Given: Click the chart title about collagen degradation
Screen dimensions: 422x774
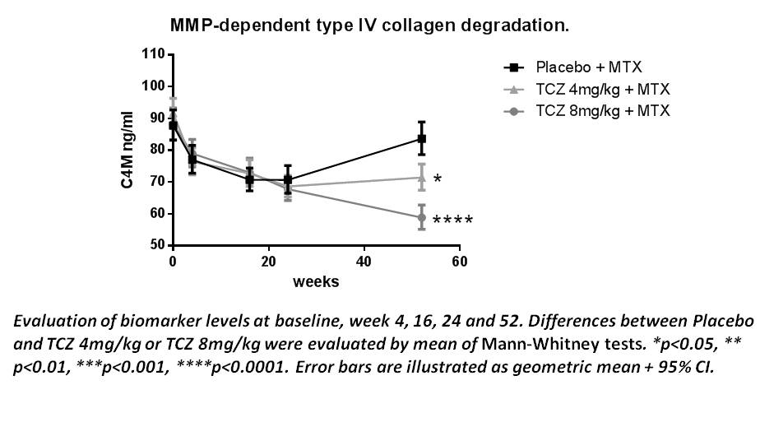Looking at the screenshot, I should point(369,26).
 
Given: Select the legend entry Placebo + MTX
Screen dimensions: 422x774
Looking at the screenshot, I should point(588,67).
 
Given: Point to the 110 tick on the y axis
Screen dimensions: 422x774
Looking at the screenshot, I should point(153,54).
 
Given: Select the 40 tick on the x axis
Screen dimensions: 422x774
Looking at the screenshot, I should point(363,262).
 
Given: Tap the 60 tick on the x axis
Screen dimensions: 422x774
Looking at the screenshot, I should point(459,262).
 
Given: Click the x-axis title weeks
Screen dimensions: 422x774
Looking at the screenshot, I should point(316,281).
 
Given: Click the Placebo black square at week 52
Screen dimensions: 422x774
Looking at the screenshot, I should point(422,138).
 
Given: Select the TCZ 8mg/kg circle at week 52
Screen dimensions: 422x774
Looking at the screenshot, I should point(422,217).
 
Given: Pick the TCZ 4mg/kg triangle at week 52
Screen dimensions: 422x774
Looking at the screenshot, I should point(422,177).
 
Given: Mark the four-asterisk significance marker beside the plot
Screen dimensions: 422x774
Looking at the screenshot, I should point(452,220).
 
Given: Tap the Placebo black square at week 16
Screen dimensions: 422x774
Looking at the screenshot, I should point(249,179).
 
